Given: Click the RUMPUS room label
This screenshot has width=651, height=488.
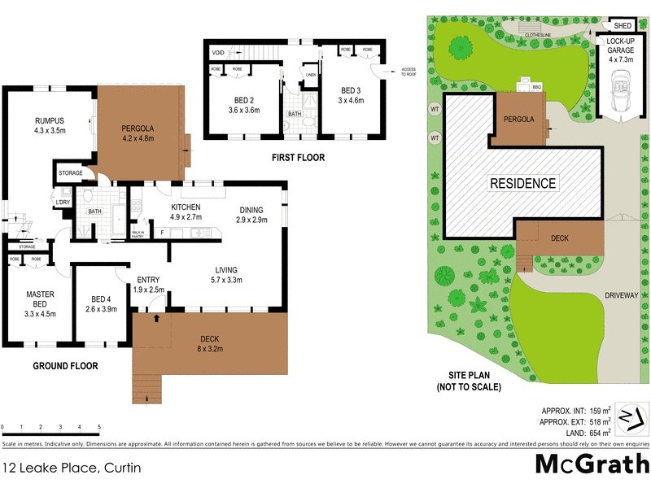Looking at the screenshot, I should pos(49,121).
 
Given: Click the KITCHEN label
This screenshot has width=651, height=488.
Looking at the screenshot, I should pos(186,208).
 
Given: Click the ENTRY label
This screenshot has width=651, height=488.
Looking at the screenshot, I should pos(148,279).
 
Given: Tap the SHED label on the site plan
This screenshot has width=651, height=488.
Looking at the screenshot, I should pos(623,26).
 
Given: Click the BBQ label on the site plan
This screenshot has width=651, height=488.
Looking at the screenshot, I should pos(536,85).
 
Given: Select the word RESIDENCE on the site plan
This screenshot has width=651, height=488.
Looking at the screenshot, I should pos(522,184).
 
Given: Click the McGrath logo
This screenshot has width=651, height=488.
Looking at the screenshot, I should pos(591,465).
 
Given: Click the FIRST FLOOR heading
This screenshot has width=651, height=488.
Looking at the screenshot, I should pos(298,158).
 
